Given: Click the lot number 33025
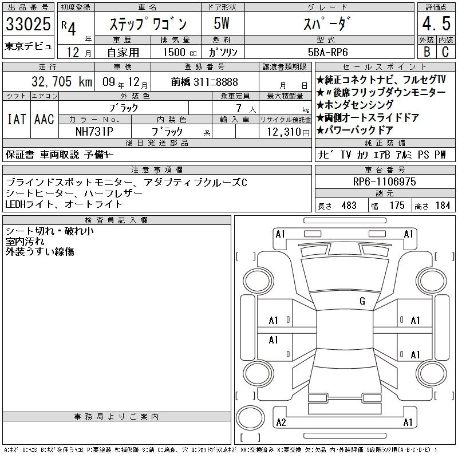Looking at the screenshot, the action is (28, 23).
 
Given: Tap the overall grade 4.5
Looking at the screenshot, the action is (436, 23).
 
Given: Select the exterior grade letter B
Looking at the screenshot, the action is (427, 52).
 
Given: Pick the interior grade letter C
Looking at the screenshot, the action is (445, 52).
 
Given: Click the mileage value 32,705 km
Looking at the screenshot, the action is (62, 82).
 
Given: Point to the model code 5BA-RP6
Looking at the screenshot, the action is (327, 52).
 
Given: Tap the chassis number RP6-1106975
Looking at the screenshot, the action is (384, 181).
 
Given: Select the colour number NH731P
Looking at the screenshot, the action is (94, 132).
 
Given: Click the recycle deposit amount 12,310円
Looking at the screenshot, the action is (288, 132).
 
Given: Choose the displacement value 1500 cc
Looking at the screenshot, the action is (180, 52).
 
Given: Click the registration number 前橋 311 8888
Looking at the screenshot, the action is (204, 82).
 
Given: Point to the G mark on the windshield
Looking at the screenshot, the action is (362, 301).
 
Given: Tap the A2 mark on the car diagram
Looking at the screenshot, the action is (281, 423).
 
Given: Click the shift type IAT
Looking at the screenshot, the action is (17, 119).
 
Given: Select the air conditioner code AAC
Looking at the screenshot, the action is (44, 119).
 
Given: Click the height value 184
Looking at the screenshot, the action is (443, 206).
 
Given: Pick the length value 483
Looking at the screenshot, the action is (349, 206).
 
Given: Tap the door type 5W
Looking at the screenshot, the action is (222, 23).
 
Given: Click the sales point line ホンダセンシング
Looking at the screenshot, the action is (355, 105).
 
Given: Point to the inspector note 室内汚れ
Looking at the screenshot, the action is (25, 241).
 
